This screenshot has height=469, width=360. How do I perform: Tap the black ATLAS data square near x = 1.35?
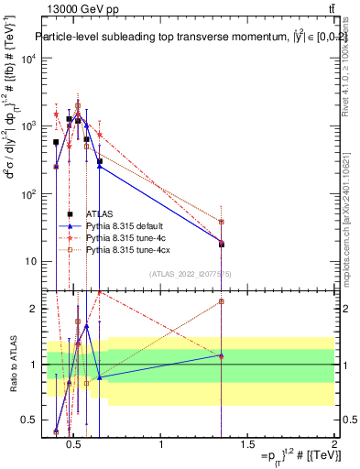click(x=222, y=245)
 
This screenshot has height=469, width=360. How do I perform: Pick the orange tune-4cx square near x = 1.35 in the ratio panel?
click(x=222, y=301)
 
